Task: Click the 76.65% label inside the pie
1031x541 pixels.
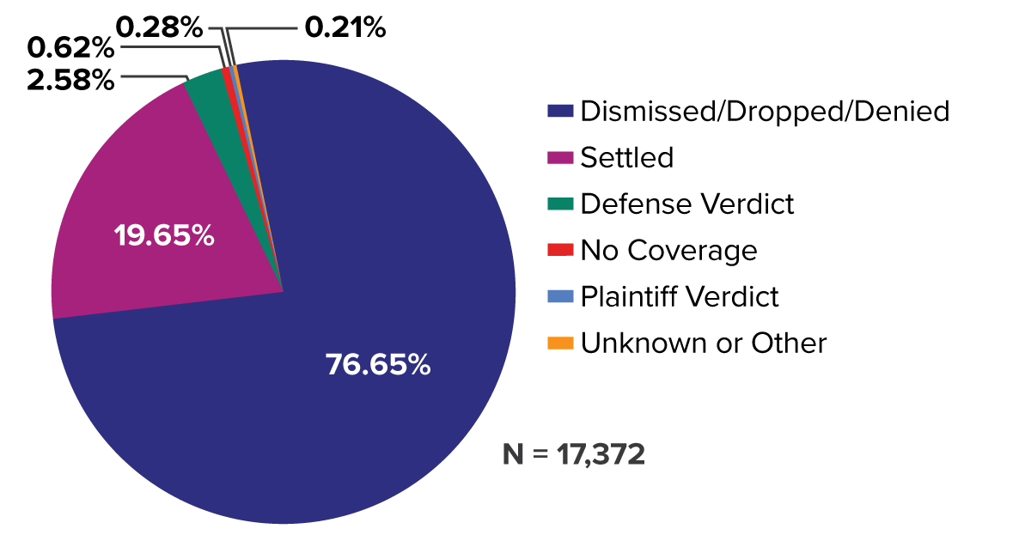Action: [x=377, y=365]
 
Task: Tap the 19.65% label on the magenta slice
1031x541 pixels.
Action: [x=164, y=234]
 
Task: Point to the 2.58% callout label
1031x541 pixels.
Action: [x=71, y=81]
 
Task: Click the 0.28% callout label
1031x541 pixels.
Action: [x=159, y=28]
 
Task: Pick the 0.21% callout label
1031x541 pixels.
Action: [x=345, y=28]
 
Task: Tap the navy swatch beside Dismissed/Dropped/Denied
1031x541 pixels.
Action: [x=560, y=112]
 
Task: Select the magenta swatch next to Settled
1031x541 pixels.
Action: [x=560, y=158]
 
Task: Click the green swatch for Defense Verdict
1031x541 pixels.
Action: [x=560, y=204]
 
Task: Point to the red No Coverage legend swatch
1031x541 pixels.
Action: [x=560, y=251]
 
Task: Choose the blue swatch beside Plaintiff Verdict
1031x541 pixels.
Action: [x=560, y=297]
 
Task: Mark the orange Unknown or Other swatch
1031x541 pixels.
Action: [x=560, y=343]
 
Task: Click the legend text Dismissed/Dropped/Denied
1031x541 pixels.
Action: [x=765, y=112]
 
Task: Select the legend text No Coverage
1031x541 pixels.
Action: [x=668, y=251]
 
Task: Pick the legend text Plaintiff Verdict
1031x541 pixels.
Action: [x=680, y=297]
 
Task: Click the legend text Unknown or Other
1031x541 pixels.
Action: [x=704, y=343]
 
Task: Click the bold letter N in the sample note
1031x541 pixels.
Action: [x=512, y=454]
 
